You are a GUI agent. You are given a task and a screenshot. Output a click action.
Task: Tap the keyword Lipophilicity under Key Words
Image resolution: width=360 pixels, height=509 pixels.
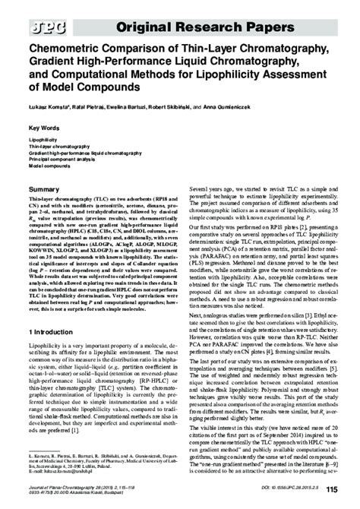43,141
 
